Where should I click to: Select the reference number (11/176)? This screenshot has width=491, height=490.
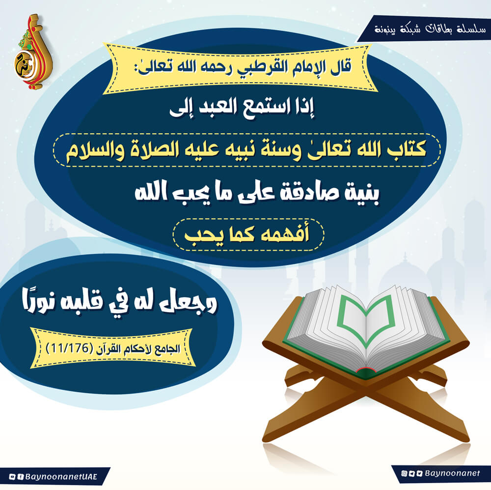coord(69,348)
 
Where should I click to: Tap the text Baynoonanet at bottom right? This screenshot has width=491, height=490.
coord(452,473)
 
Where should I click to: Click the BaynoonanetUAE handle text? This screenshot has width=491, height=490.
coord(61,477)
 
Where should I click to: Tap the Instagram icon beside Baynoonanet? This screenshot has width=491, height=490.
coord(404,473)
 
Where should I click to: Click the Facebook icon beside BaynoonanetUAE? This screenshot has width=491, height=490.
coord(21,477)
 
